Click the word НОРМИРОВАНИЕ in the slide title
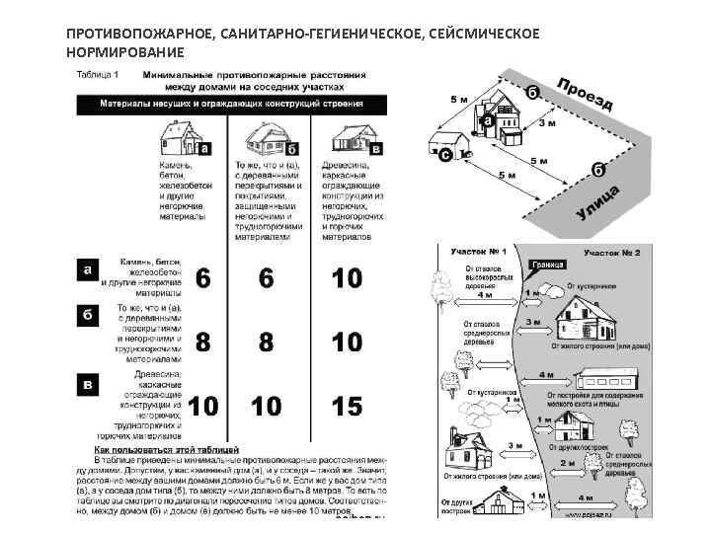(x=125, y=51)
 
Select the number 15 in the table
(x=346, y=405)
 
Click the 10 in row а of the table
(x=346, y=279)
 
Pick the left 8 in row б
(x=201, y=342)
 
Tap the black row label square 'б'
(x=88, y=314)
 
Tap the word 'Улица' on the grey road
(x=598, y=202)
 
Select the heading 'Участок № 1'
(x=478, y=253)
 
